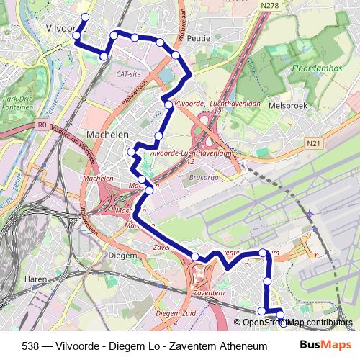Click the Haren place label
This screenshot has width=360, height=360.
[x=36, y=278]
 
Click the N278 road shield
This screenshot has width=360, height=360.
[x=251, y=5]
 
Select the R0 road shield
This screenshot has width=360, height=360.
[x=40, y=125]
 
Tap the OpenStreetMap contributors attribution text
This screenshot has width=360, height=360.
[x=297, y=323]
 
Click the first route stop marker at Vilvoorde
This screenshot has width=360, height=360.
[x=84, y=17]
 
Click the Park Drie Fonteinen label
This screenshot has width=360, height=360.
[x=17, y=102]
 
